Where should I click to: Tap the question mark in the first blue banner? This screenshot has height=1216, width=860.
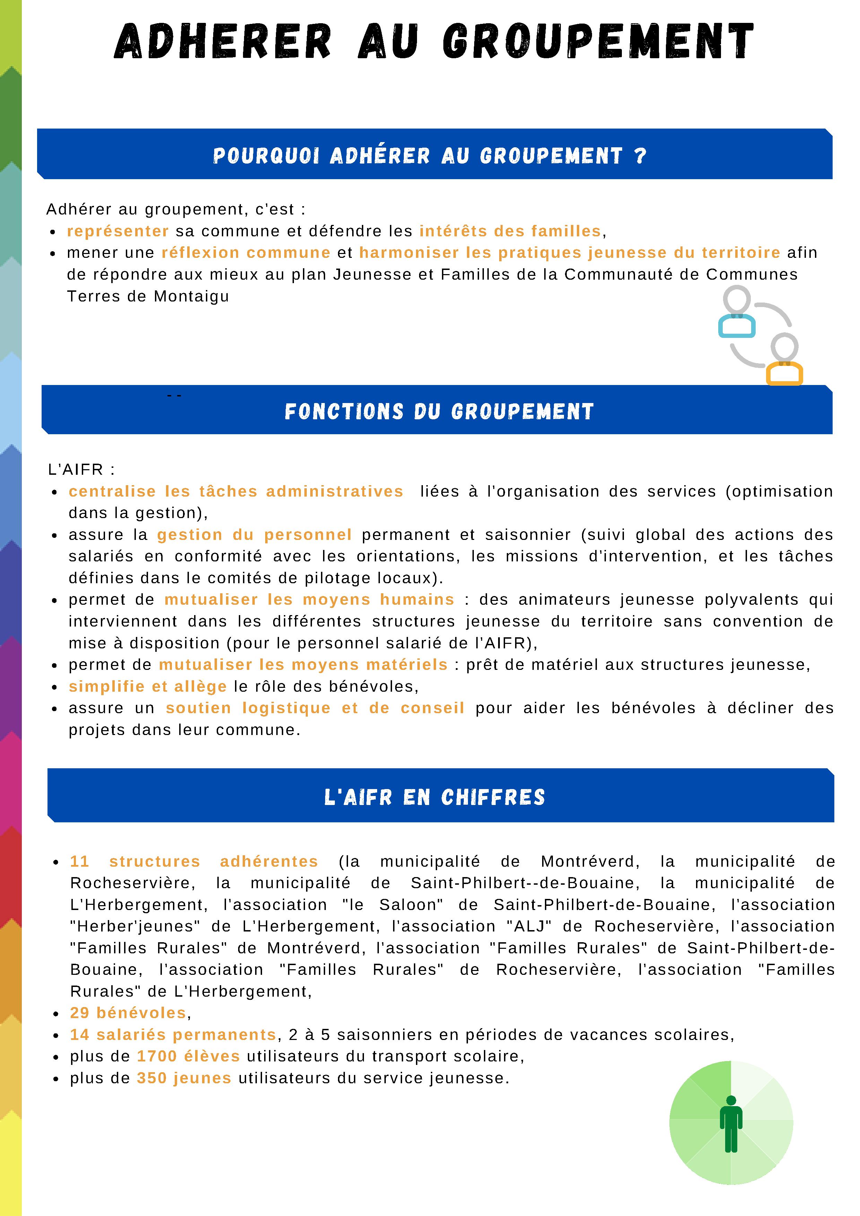point(640,156)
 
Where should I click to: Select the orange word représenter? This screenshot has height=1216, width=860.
point(118,231)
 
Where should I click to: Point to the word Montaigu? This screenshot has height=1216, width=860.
point(191,297)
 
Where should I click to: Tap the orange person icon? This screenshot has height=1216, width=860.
point(784,360)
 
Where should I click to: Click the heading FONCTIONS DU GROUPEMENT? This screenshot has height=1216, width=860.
point(439,411)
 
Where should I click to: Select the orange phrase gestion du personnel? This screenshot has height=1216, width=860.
point(254,535)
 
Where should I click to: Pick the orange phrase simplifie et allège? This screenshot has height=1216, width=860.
point(147,686)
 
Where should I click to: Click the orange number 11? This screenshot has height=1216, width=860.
point(79,862)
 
